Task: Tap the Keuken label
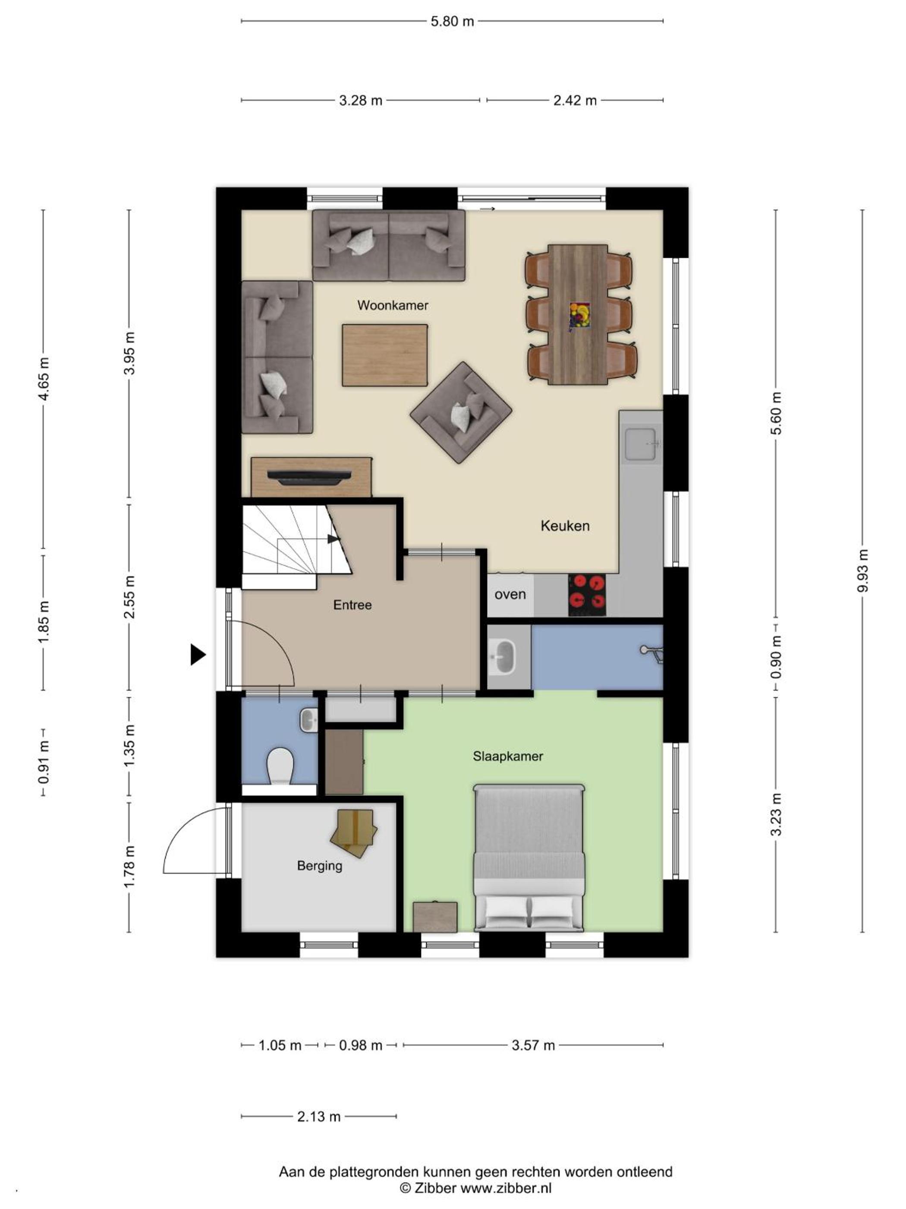click(565, 526)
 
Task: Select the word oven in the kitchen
click(510, 594)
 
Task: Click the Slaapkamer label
click(508, 756)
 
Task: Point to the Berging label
click(320, 866)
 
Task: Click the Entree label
click(352, 604)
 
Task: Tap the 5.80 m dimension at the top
click(452, 21)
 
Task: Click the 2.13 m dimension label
click(319, 1116)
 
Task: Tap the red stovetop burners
click(587, 595)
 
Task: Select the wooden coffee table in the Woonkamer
click(385, 355)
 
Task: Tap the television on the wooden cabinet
click(311, 477)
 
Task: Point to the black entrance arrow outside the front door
click(198, 654)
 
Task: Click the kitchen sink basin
click(640, 444)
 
